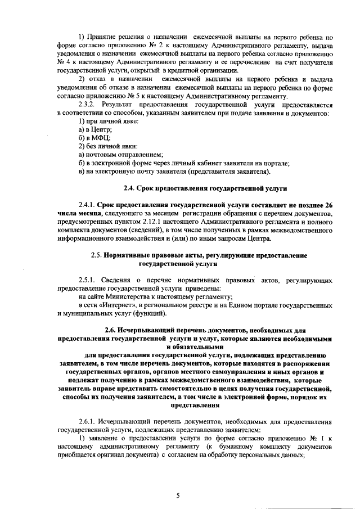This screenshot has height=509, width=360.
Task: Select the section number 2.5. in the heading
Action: click(98, 255)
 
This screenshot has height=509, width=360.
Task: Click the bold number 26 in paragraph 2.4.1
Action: click(329, 206)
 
